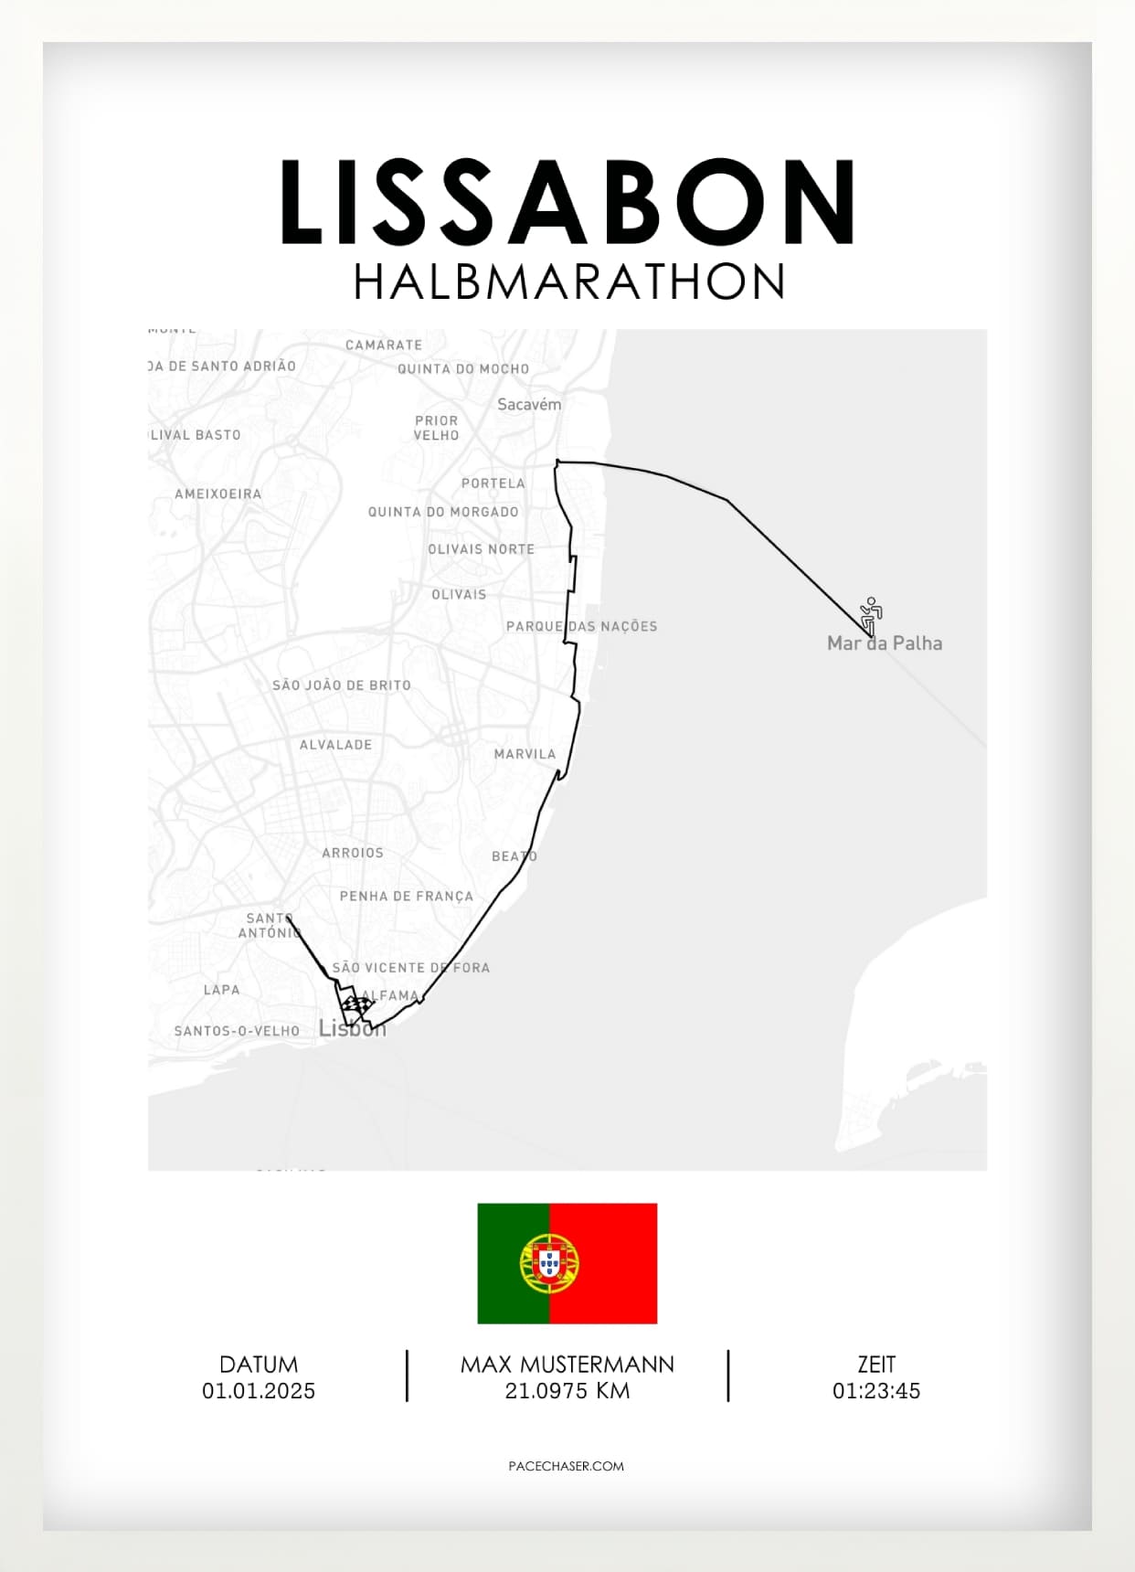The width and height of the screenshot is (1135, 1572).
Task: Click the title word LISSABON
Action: coord(567,202)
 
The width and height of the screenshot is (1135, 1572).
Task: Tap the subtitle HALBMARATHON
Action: coord(568,281)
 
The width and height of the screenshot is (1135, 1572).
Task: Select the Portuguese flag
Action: coord(567,1263)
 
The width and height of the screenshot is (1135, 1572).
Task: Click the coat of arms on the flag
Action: coord(548,1263)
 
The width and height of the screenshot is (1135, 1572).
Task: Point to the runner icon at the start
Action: coord(871,614)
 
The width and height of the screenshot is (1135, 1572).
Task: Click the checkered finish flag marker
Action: coord(356,1008)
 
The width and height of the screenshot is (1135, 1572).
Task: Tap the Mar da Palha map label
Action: coord(884,643)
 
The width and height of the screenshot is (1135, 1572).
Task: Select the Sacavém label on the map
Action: coord(529,404)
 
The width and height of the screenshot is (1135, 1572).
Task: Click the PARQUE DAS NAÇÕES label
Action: coord(581,626)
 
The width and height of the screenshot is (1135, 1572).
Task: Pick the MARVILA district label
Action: coord(525,754)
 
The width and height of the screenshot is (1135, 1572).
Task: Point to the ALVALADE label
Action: coord(335,745)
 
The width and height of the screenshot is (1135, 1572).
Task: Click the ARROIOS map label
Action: coord(353,853)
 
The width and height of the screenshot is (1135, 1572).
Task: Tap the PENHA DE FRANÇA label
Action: coord(407,897)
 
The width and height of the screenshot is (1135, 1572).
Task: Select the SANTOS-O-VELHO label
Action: coord(237,1031)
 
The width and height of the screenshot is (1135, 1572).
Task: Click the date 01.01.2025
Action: coord(259,1391)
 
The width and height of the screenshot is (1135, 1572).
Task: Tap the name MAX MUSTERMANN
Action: coord(567,1365)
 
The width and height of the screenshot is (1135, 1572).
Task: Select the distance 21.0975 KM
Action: coord(567,1391)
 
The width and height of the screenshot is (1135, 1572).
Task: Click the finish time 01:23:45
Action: coord(875,1391)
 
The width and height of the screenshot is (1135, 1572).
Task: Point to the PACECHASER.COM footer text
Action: coord(567,1466)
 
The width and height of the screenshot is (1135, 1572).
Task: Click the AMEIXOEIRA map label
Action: coord(217,494)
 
